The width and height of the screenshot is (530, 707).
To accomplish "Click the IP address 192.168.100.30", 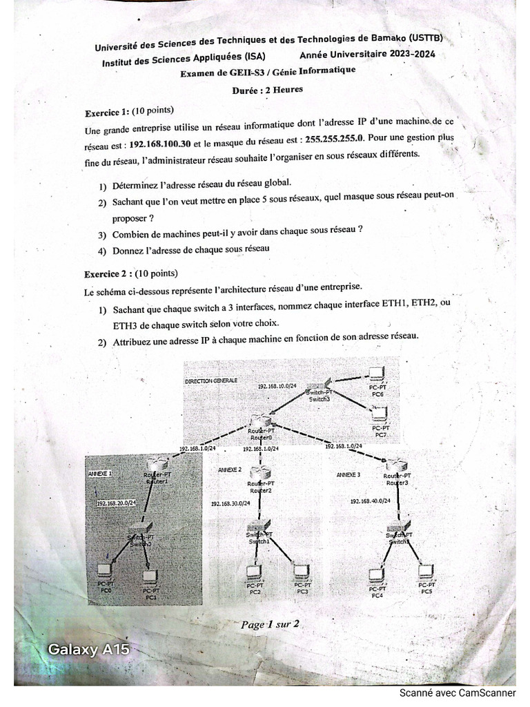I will (161, 144).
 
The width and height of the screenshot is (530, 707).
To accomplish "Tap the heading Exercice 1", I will (106, 113).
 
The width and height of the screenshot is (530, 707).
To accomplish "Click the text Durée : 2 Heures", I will (268, 89).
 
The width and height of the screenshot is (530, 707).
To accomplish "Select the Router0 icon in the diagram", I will (260, 423).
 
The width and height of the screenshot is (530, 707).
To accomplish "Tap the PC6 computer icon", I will (377, 375).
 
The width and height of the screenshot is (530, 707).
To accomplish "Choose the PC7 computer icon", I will (379, 414).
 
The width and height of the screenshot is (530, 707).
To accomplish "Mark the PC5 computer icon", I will (426, 570).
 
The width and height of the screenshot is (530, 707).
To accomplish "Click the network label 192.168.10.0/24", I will (277, 386).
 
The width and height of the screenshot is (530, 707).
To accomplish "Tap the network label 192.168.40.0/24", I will (370, 501).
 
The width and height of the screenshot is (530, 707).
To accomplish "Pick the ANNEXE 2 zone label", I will (230, 469).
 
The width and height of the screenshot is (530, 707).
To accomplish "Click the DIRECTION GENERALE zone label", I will (210, 380).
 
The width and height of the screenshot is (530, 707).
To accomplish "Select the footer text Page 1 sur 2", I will (269, 625).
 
